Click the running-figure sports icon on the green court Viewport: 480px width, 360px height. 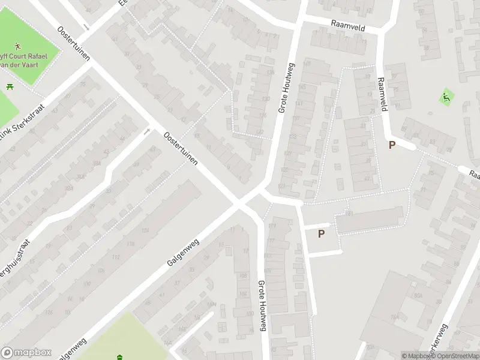pyautogui.click(x=19, y=46)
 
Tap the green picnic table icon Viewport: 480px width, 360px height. pyautogui.click(x=10, y=88)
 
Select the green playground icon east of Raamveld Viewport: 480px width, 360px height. pyautogui.click(x=445, y=97)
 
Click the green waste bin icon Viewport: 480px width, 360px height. pyautogui.click(x=121, y=356)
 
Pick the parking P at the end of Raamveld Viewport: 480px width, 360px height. pyautogui.click(x=392, y=145)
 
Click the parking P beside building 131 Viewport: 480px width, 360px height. pyautogui.click(x=321, y=234)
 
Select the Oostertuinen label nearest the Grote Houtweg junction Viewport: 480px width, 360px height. pyautogui.click(x=181, y=149)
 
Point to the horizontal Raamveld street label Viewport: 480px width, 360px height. pyautogui.click(x=347, y=25)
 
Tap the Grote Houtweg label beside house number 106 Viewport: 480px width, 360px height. pyautogui.click(x=262, y=305)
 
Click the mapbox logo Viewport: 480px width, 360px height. pyautogui.click(x=26, y=353)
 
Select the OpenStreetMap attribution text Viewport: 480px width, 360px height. pyautogui.click(x=455, y=356)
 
